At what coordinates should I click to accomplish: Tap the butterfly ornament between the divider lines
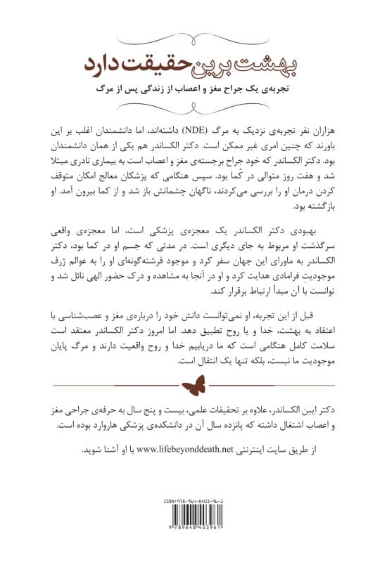pos(194,385)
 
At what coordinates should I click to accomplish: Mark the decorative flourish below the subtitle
pos(194,107)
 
